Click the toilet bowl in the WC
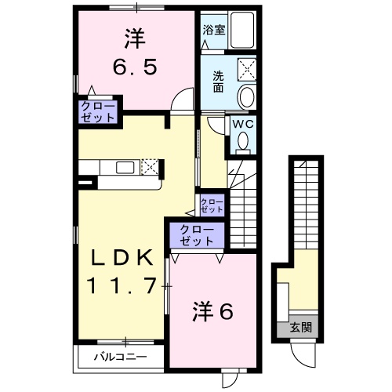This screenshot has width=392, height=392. pos(243,141)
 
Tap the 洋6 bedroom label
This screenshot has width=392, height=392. pos(212,312)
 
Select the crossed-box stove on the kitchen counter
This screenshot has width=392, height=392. pos(150,166)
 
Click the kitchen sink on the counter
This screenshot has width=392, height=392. pos(125,166)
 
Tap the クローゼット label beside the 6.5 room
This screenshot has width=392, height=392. pos(97,111)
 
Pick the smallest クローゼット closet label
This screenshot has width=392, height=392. pos(212,207)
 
